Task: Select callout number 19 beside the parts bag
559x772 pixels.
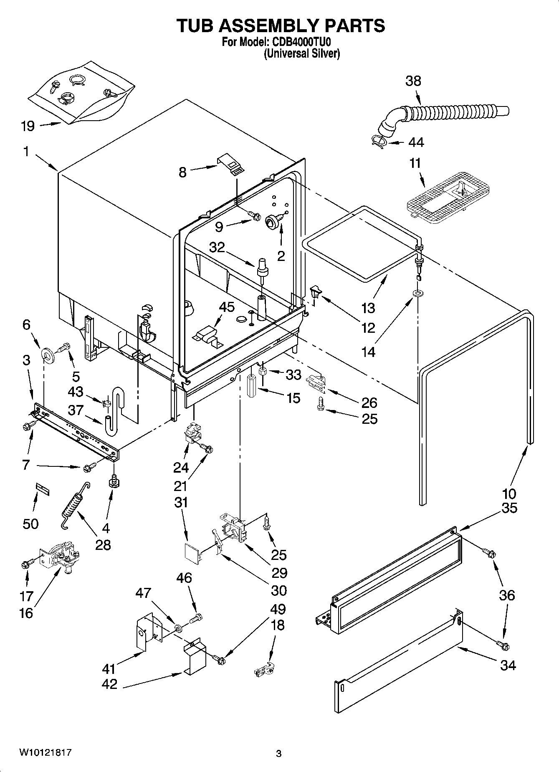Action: click(x=28, y=126)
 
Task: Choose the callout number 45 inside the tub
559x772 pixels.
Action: click(x=227, y=307)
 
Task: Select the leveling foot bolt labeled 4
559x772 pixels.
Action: click(x=113, y=482)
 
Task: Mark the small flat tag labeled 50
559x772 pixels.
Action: click(x=42, y=489)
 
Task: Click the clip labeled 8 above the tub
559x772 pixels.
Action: click(x=231, y=164)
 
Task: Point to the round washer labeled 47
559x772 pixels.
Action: click(x=178, y=628)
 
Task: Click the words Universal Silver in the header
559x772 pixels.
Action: click(x=301, y=53)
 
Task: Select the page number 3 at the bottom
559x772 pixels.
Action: click(x=279, y=754)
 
